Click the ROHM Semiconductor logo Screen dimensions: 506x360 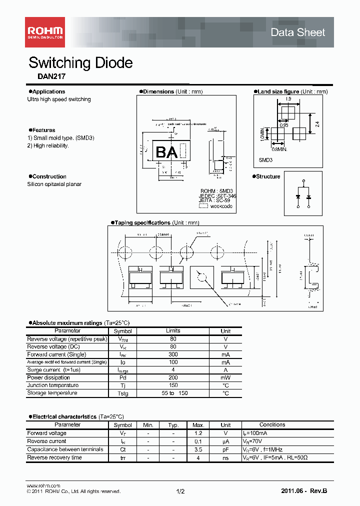[x=44, y=32]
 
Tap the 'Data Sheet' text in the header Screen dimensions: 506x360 [x=297, y=32]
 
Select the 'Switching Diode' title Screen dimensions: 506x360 [x=80, y=63]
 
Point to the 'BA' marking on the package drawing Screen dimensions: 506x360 [x=166, y=152]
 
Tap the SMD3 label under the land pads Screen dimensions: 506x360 [x=265, y=160]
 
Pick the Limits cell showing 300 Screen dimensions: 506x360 [x=173, y=354]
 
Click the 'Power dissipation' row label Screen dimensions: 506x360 [x=49, y=377]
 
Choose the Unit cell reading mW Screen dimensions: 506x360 [x=225, y=377]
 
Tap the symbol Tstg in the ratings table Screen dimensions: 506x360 [x=122, y=393]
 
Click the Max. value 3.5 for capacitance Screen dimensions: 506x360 [x=197, y=449]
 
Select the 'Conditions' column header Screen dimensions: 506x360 [x=272, y=425]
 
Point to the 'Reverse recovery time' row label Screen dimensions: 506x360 [x=54, y=457]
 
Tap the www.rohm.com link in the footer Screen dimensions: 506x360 [x=43, y=485]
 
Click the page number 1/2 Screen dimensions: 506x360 [x=180, y=491]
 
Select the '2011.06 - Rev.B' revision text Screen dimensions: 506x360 [x=303, y=491]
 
